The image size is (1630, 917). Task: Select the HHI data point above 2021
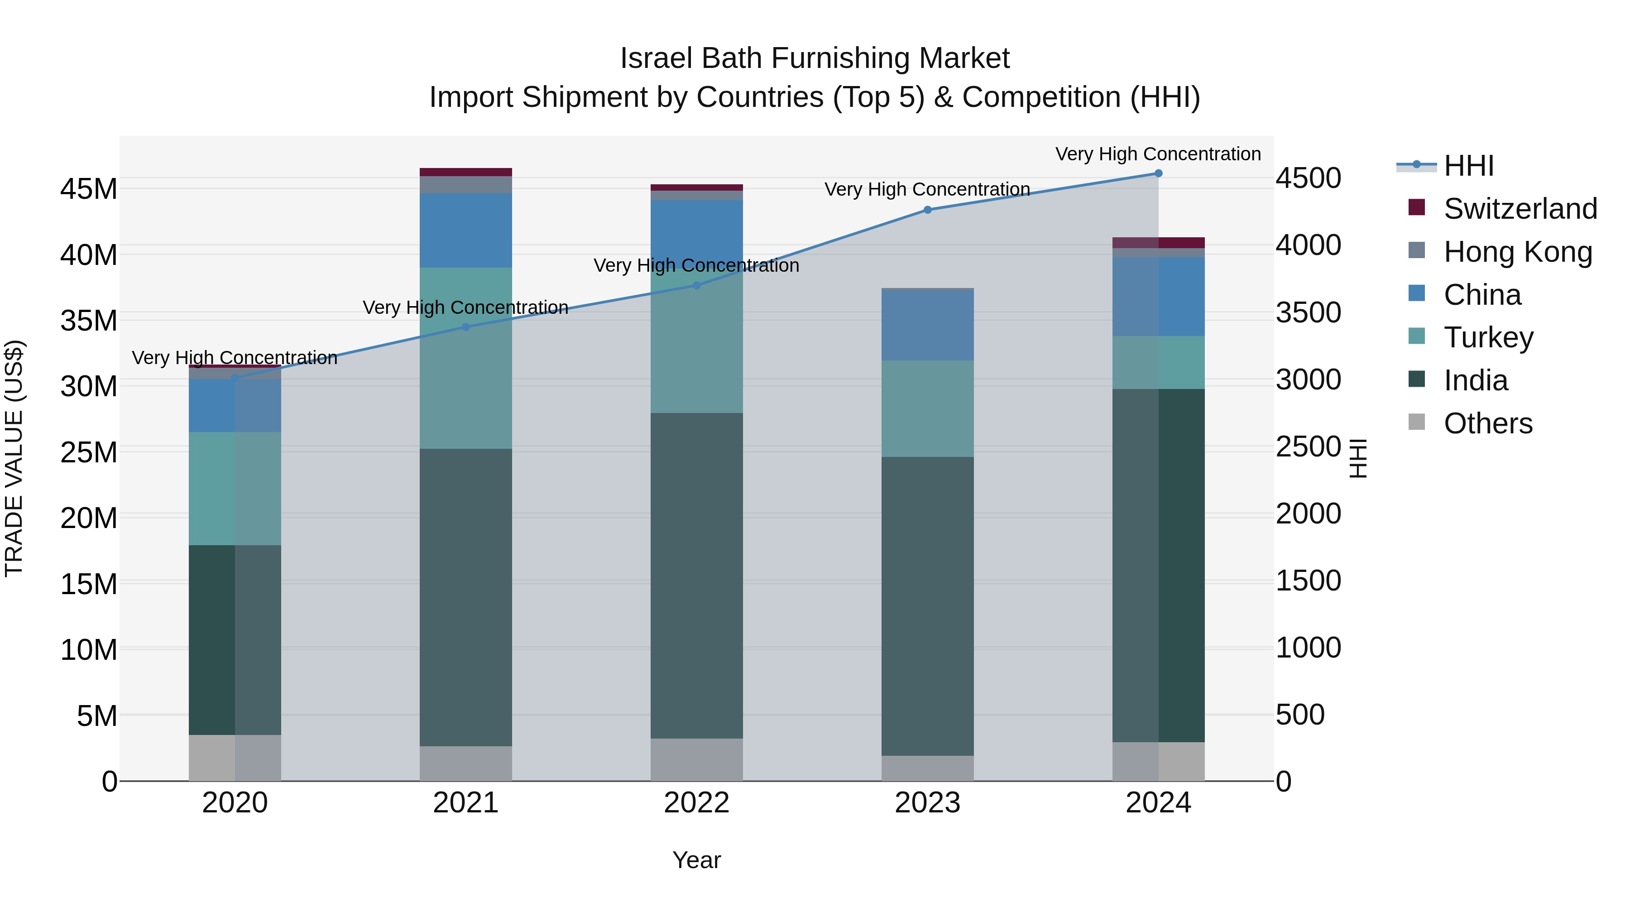coord(466,327)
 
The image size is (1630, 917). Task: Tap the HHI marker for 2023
coord(928,210)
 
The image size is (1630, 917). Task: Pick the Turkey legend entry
coord(1488,337)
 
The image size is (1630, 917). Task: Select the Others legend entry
coord(1488,423)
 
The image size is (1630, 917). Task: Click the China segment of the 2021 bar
coord(466,230)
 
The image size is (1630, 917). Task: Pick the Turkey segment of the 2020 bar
coord(235,489)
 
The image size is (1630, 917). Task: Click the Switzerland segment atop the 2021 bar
coord(466,172)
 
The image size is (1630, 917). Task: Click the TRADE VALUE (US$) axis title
coord(14,458)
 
